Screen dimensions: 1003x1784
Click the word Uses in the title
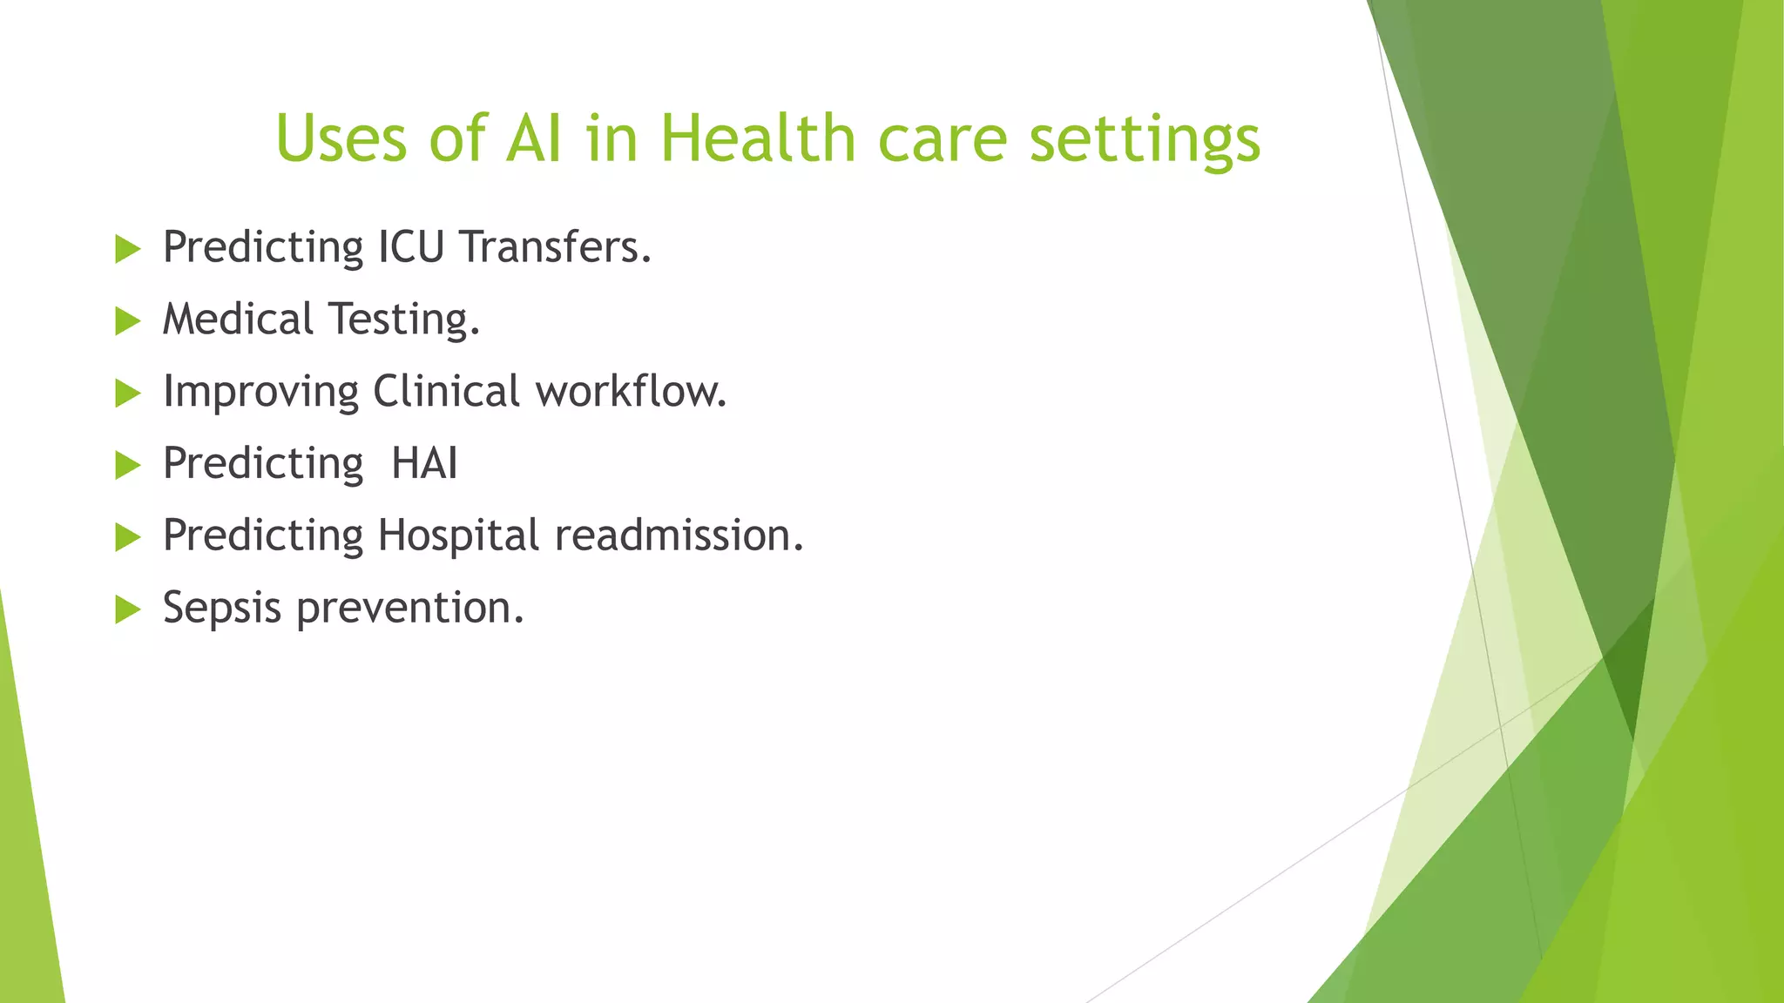[x=341, y=138]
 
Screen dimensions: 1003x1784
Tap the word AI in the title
[x=533, y=138]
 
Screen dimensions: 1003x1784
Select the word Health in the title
[x=758, y=138]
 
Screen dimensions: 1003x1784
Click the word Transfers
[x=556, y=247]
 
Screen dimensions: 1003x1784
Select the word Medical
[x=238, y=320]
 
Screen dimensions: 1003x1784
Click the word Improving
[x=260, y=393]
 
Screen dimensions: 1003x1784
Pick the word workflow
[x=631, y=391]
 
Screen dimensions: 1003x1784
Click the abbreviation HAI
[x=424, y=463]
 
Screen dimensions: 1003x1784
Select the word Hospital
[x=458, y=536]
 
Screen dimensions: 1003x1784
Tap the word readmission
[x=679, y=535]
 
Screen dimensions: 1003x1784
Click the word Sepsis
[x=222, y=609]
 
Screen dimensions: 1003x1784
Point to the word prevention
[x=409, y=608]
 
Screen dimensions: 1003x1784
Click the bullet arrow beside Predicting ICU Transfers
[x=127, y=250]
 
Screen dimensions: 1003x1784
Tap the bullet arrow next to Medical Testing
[x=127, y=322]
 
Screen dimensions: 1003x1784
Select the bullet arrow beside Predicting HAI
[x=127, y=466]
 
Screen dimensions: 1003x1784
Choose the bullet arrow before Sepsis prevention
[x=127, y=610]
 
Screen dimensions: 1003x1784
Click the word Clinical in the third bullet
[x=446, y=391]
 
